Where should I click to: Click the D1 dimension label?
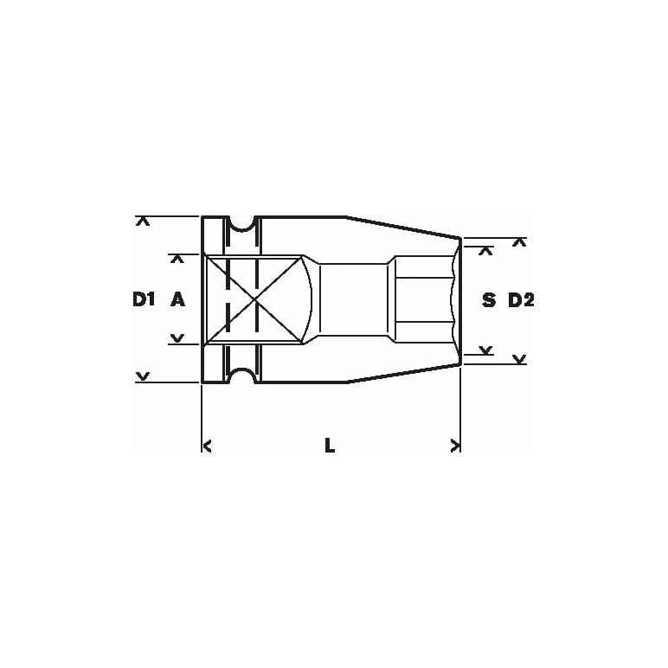click(x=143, y=299)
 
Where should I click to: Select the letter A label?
click(x=177, y=299)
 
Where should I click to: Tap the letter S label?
click(x=489, y=300)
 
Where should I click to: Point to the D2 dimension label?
click(x=521, y=300)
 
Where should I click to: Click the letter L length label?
click(x=330, y=446)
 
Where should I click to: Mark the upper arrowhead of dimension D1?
click(x=143, y=222)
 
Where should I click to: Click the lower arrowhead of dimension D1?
click(x=143, y=376)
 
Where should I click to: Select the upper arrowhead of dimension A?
click(x=177, y=259)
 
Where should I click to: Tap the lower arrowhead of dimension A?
click(x=177, y=338)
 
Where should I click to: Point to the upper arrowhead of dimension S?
click(x=485, y=251)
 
